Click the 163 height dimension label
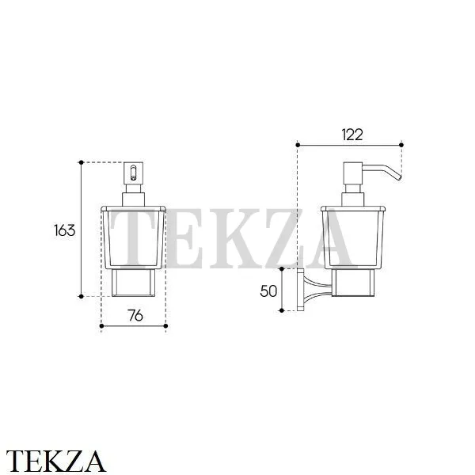pos(65,230)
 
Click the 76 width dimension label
pos(135,316)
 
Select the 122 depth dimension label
pos(352,135)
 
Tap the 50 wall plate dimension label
pos(268,291)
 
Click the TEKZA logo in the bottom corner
pos(56,462)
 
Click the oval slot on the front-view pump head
pos(133,173)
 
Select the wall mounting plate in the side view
pos(301,290)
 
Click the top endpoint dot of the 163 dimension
pos(82,162)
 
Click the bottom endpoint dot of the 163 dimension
pos(82,296)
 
